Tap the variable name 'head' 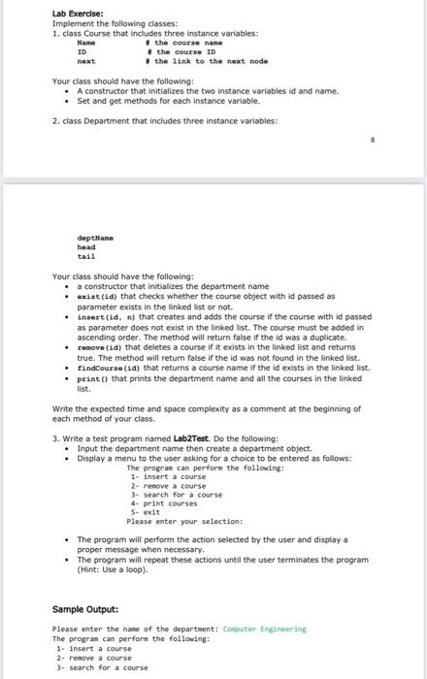[86, 246]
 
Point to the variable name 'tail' [86, 256]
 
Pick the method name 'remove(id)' [102, 346]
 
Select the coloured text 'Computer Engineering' [265, 629]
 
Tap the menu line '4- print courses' [164, 504]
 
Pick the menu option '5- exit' [147, 512]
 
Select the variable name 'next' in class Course [85, 61]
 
